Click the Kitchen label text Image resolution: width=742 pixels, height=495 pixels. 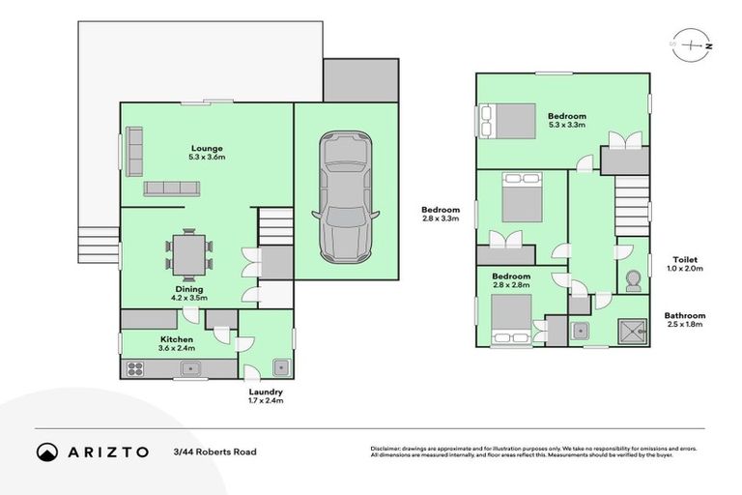(x=178, y=339)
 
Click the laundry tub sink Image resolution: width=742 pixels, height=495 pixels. (x=280, y=366)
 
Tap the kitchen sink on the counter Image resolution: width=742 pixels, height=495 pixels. (x=190, y=367)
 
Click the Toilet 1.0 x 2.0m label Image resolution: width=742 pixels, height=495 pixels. (x=687, y=264)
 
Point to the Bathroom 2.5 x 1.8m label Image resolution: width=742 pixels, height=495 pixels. (x=684, y=320)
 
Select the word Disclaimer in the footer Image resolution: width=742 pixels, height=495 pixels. (x=386, y=449)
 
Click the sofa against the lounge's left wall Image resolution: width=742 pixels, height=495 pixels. (x=134, y=148)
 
